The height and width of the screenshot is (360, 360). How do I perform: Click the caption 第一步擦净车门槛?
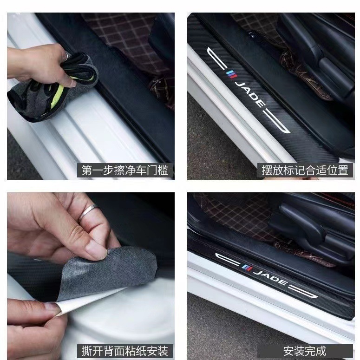[125, 170]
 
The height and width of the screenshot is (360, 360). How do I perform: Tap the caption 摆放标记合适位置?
[305, 170]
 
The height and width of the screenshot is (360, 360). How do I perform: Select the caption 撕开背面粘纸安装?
[125, 351]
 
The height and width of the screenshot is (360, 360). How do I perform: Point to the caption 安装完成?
[305, 351]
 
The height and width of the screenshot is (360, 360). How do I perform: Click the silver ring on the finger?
[88, 212]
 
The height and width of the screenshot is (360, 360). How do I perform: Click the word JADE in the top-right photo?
[250, 94]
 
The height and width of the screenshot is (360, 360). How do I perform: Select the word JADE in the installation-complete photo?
[271, 277]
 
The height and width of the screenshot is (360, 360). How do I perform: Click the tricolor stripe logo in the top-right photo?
[231, 74]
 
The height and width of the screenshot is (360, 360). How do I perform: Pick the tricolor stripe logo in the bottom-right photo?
[247, 268]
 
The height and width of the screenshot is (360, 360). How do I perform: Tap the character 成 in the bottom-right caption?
[321, 351]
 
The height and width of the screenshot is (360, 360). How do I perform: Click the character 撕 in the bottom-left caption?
[87, 351]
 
